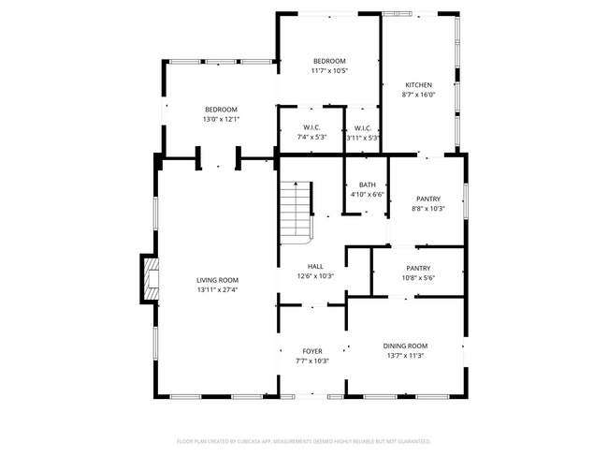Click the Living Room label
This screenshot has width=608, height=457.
(217, 280)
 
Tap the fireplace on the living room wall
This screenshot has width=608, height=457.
(150, 278)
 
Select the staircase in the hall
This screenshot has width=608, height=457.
(296, 210)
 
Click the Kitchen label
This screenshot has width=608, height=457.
(418, 84)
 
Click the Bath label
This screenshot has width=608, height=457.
(367, 184)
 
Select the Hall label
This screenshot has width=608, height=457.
(315, 267)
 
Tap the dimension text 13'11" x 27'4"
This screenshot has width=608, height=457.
(217, 290)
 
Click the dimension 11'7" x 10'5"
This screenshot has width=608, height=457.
(329, 71)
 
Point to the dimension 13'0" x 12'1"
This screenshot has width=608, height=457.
(222, 119)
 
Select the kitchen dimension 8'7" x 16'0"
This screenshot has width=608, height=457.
(418, 95)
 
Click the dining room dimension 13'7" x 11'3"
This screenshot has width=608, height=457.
(405, 356)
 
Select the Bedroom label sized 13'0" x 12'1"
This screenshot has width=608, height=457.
(222, 109)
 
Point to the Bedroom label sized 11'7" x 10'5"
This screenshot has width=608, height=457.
(329, 61)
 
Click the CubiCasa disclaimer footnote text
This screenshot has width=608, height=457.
(303, 440)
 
